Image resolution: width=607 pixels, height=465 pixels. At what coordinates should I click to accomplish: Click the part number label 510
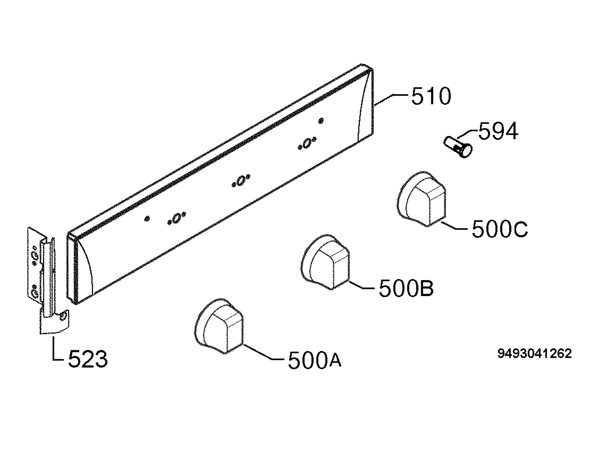(x=431, y=96)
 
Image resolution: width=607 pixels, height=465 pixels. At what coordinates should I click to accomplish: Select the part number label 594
(x=498, y=131)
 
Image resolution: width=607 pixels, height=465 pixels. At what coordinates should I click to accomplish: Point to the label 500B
(x=406, y=289)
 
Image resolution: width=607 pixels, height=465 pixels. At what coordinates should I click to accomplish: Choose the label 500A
(x=315, y=360)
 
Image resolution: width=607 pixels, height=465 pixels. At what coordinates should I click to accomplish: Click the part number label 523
(x=88, y=359)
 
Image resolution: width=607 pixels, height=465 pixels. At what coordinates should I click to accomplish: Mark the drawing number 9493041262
(x=534, y=354)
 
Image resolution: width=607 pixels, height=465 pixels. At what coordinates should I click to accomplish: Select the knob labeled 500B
(x=325, y=262)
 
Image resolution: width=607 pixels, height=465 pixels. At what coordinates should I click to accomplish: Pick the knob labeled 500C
(x=422, y=199)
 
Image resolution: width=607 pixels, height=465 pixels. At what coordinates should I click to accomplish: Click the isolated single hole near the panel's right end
(x=321, y=120)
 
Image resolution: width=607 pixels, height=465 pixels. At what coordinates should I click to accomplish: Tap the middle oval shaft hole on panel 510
(x=241, y=180)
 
